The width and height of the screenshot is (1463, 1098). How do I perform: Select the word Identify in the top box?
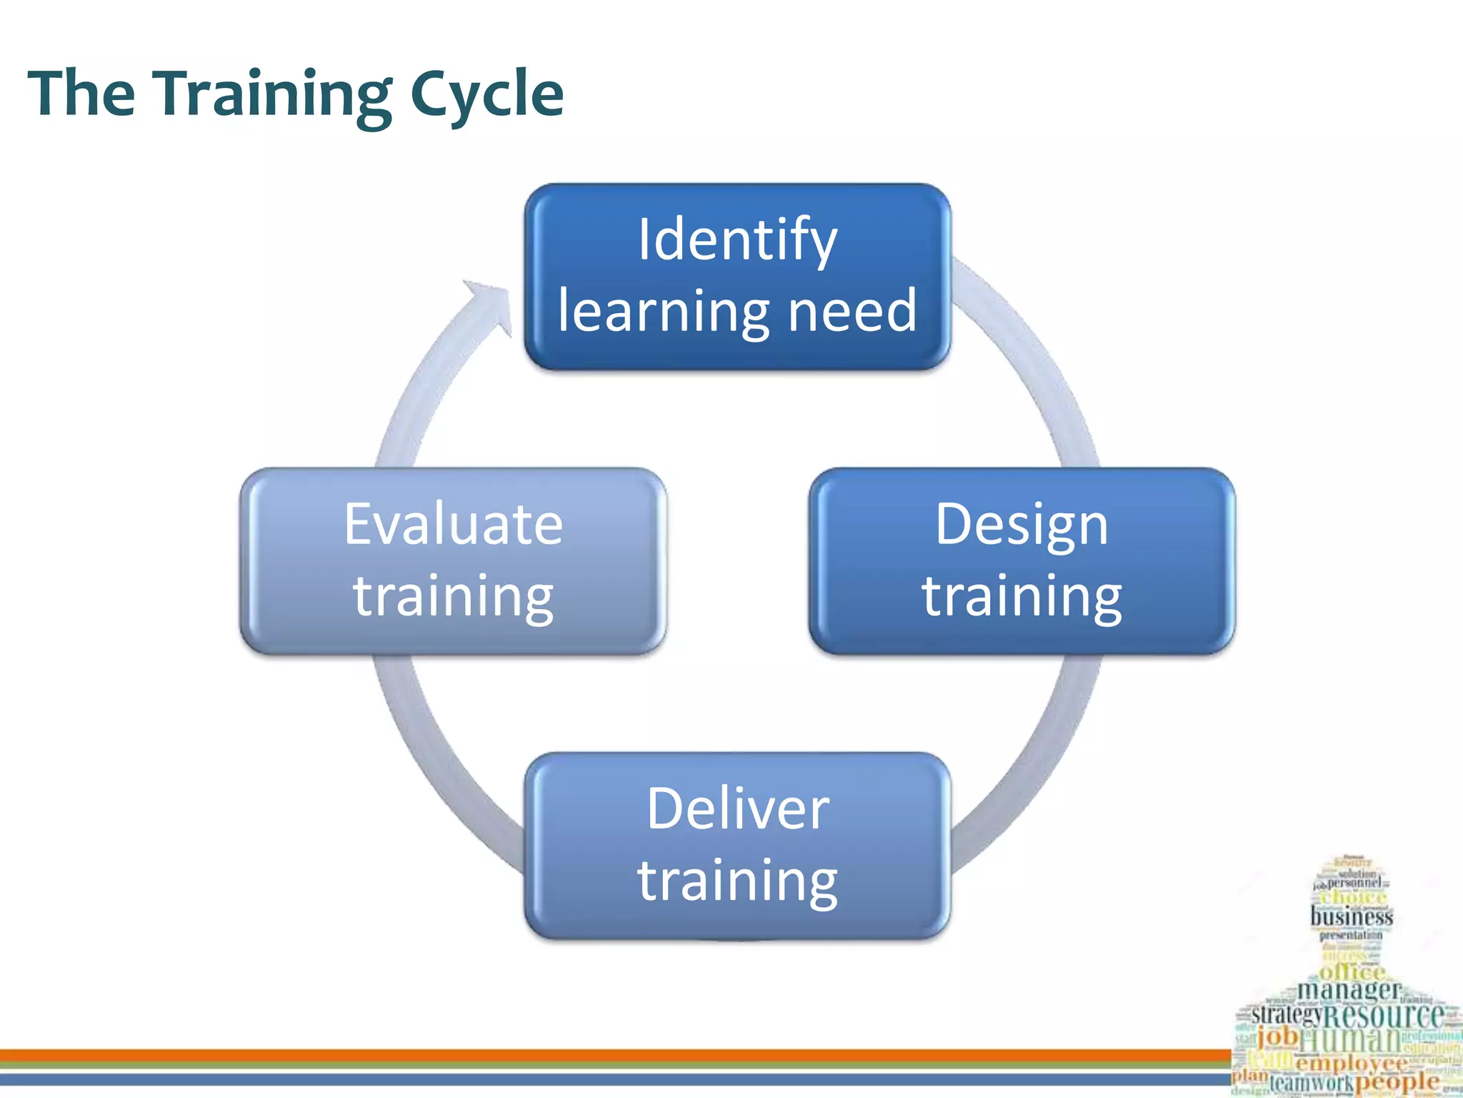(737, 239)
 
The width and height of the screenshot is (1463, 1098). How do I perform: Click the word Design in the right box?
(1022, 524)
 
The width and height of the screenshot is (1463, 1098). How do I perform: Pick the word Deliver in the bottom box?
(738, 808)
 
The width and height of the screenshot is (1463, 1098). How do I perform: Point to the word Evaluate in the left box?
(454, 524)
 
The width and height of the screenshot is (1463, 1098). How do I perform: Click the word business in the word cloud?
(1352, 916)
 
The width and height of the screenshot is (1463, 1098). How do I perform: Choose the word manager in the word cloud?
(1349, 990)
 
